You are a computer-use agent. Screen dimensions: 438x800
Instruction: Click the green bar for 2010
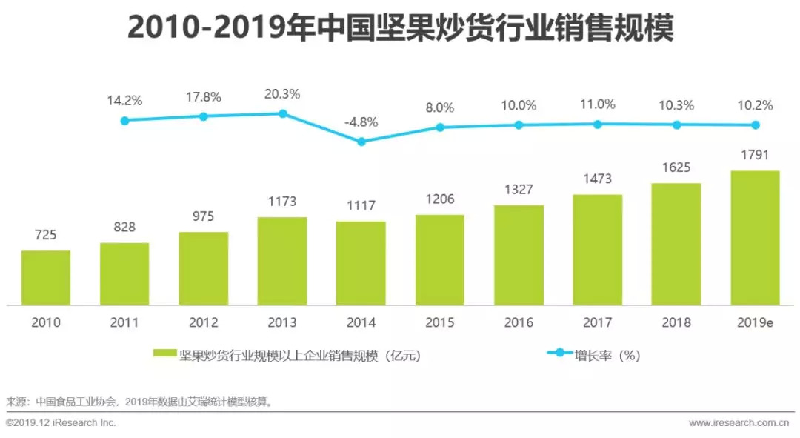click(x=46, y=278)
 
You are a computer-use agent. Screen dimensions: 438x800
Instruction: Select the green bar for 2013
click(x=282, y=261)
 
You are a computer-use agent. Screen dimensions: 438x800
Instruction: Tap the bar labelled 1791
click(x=755, y=238)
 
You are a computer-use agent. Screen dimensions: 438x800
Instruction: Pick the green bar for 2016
click(x=519, y=255)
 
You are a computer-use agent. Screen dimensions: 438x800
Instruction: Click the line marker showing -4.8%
click(x=361, y=142)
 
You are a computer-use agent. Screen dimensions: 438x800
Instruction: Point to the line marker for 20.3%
click(x=282, y=113)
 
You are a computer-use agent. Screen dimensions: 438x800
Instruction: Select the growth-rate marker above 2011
click(x=124, y=120)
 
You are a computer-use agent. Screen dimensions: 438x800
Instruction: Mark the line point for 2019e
click(x=756, y=125)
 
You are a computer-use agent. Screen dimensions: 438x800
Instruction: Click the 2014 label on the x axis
click(x=361, y=322)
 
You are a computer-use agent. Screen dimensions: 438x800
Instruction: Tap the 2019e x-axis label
click(x=755, y=322)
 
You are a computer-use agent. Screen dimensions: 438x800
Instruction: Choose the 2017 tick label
click(x=597, y=322)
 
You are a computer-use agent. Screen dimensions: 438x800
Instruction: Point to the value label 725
click(x=46, y=236)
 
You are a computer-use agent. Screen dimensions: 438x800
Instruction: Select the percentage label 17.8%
click(x=203, y=97)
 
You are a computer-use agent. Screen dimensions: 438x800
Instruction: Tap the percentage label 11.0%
click(x=597, y=104)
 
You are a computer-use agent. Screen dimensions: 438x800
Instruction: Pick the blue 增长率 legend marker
click(x=560, y=354)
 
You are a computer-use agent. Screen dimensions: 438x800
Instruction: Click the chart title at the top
click(x=400, y=27)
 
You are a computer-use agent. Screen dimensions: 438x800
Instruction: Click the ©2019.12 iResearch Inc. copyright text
click(x=61, y=423)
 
